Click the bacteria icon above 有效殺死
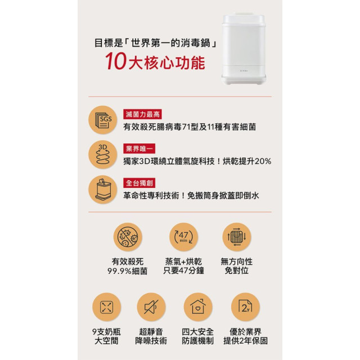pyautogui.click(x=128, y=237)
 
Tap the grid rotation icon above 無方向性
pyautogui.click(x=236, y=237)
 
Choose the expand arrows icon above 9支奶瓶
pyautogui.click(x=106, y=307)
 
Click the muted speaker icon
pyautogui.click(x=151, y=307)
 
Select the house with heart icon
pyautogui.click(x=197, y=307)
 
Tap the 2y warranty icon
pyautogui.click(x=245, y=307)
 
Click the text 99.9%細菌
pyautogui.click(x=128, y=271)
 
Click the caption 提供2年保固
pyautogui.click(x=245, y=341)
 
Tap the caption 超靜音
pyautogui.click(x=151, y=331)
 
